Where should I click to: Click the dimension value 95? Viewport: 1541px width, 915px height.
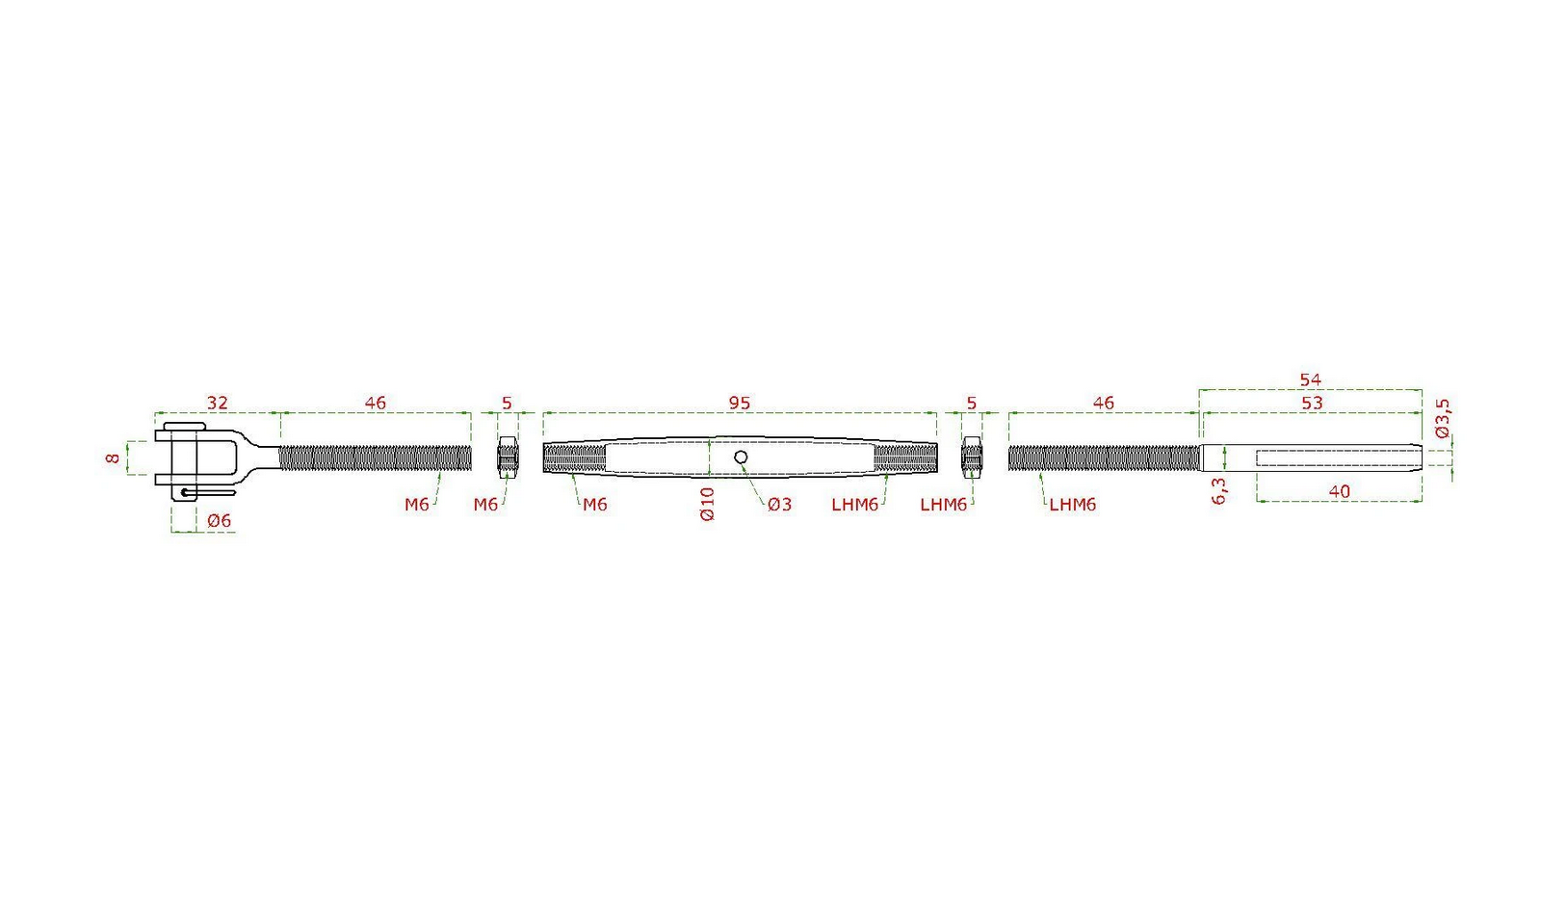coord(739,403)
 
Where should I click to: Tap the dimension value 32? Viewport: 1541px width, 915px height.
coord(217,403)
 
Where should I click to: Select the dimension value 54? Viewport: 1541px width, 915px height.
coord(1310,379)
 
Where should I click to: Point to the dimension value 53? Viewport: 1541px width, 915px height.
coord(1311,403)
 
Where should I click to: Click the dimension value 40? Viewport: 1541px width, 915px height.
coord(1339,491)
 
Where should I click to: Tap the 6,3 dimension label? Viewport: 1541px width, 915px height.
coord(1218,491)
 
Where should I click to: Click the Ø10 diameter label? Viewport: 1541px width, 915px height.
coord(707,505)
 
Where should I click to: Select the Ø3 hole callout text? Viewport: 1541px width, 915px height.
coord(779,505)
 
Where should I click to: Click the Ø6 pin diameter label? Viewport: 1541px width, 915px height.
coord(219,521)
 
